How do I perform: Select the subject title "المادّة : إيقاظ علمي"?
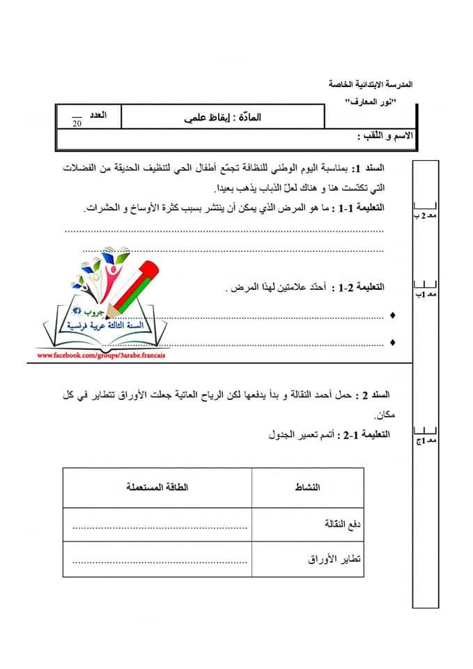[x=224, y=117]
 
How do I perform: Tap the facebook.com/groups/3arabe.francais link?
[x=102, y=355]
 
